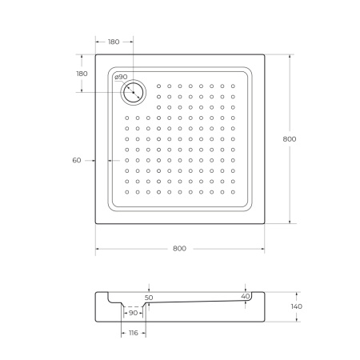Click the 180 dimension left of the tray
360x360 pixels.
(x=82, y=74)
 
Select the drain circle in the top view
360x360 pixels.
(x=133, y=92)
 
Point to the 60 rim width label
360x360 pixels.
(x=77, y=161)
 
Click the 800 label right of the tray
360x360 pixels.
(x=290, y=139)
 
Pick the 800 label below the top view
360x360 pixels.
(x=179, y=249)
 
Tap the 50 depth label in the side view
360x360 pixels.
(x=149, y=298)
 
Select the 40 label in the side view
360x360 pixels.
(x=245, y=296)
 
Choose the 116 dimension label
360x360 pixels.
(x=133, y=332)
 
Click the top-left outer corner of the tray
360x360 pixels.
(x=96, y=54)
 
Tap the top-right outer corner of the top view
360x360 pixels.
(x=265, y=54)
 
